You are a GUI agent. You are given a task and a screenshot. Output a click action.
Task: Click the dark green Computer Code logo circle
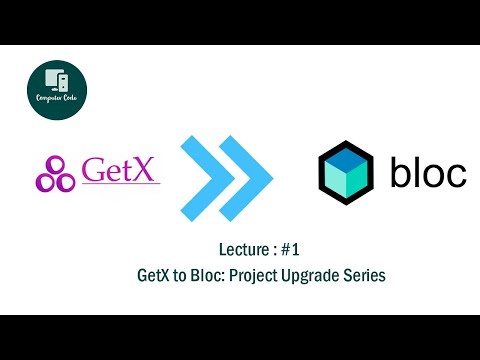click(56, 92)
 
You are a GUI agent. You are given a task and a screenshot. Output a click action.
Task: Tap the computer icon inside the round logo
click(56, 82)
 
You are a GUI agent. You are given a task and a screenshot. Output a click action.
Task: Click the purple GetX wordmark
click(120, 170)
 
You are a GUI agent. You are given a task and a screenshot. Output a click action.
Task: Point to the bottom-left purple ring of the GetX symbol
click(45, 182)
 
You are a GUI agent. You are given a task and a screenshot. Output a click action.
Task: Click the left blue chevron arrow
click(207, 171)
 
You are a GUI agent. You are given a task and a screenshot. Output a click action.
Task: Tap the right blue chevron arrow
click(250, 171)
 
